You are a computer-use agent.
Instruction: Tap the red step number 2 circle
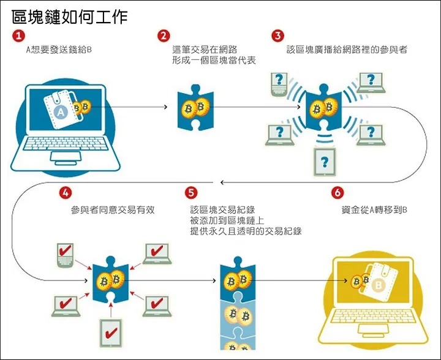164,36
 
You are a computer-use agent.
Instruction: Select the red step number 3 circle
278,36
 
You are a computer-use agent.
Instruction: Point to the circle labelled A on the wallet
60,111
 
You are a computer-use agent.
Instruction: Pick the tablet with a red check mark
111,334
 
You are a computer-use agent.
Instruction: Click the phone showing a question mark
279,82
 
